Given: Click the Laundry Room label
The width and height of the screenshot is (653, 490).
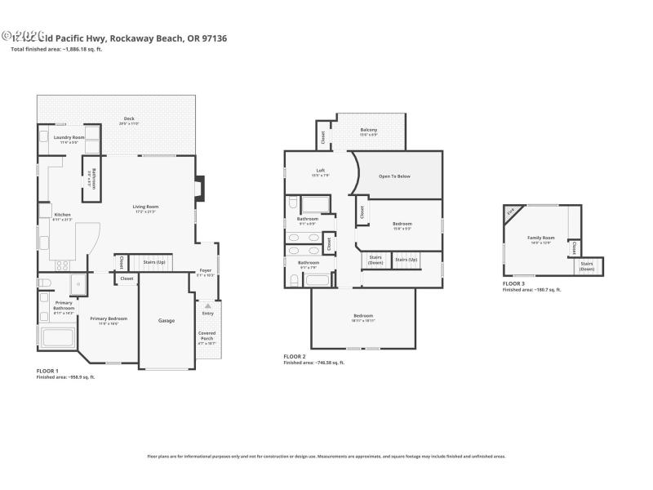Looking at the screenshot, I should click(69, 138).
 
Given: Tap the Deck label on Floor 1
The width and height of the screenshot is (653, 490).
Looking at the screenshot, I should click(129, 119).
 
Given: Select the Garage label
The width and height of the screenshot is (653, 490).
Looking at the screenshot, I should click(167, 321).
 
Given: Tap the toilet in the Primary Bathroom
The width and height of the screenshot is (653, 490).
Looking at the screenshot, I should click(45, 283).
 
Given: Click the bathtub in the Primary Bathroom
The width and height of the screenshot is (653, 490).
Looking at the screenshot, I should click(57, 337).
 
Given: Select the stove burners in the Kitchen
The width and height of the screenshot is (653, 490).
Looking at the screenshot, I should click(62, 265).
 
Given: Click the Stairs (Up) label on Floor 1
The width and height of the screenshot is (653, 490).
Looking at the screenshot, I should click(154, 262).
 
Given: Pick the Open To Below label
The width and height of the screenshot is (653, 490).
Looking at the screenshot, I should click(394, 176).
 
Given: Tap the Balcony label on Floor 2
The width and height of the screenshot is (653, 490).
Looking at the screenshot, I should click(369, 131).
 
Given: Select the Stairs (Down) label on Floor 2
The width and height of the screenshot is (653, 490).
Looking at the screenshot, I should click(375, 261).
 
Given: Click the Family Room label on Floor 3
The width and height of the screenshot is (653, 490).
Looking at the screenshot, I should click(540, 238).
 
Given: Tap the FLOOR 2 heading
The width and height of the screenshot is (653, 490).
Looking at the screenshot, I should click(295, 357).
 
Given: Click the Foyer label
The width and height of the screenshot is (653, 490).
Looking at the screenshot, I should click(206, 271).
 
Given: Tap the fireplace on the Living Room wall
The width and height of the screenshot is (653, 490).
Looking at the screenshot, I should click(199, 189).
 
